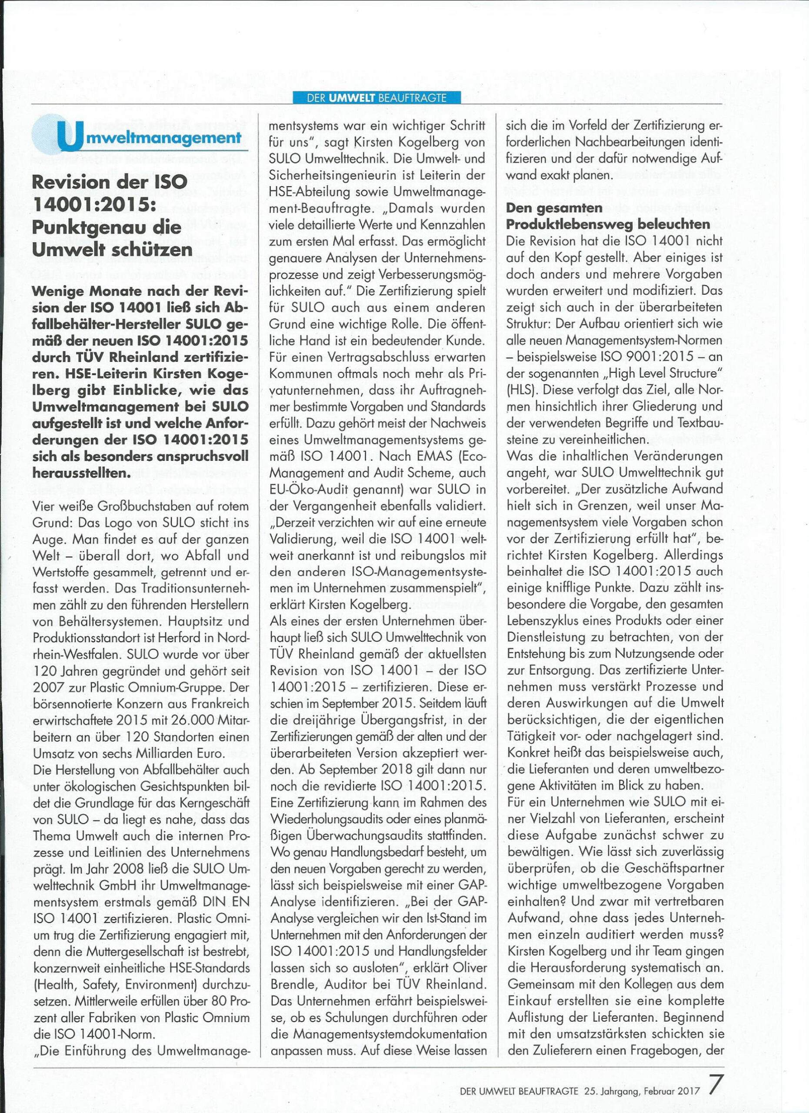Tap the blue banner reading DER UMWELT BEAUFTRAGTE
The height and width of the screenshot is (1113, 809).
pyautogui.click(x=376, y=98)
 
